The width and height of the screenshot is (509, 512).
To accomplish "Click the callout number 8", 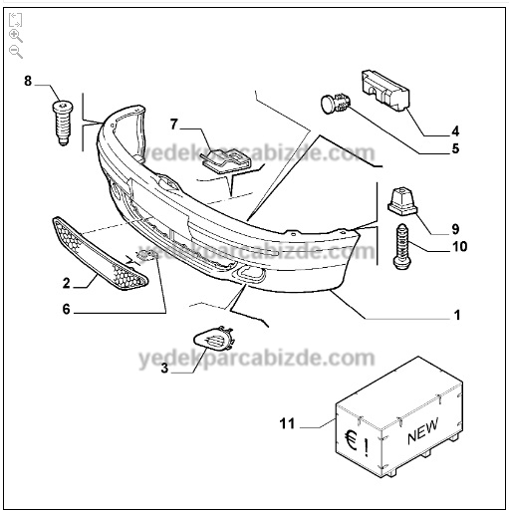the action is (x=28, y=81).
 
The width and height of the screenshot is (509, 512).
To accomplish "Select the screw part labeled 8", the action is (x=63, y=123).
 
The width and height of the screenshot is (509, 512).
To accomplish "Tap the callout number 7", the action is (x=174, y=125).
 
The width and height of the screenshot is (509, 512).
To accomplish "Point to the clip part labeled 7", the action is (x=226, y=160).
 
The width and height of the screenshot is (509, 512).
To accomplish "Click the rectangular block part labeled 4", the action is (x=384, y=90).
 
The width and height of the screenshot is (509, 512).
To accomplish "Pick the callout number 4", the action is (x=455, y=131).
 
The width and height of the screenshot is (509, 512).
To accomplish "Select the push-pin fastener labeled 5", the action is (x=335, y=103).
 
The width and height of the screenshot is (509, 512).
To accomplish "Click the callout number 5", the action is (x=455, y=148).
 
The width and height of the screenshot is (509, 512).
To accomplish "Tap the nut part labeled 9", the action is (x=402, y=200).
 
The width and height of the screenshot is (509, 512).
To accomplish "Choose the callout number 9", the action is (x=455, y=229).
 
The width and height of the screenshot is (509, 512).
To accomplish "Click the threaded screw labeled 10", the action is (x=402, y=246).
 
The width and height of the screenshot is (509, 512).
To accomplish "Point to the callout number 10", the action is (x=460, y=247).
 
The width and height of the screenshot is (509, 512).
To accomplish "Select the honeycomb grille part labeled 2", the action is (x=100, y=254).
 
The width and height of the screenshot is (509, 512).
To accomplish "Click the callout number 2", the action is (x=67, y=283).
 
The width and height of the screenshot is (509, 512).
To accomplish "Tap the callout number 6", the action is (x=67, y=309).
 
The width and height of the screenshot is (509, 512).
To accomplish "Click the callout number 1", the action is (x=457, y=315).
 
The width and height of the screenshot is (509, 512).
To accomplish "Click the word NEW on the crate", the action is (x=422, y=430).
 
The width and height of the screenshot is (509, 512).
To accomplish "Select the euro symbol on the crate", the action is (x=351, y=440).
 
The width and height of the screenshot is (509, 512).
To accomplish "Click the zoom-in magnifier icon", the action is (x=16, y=36).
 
